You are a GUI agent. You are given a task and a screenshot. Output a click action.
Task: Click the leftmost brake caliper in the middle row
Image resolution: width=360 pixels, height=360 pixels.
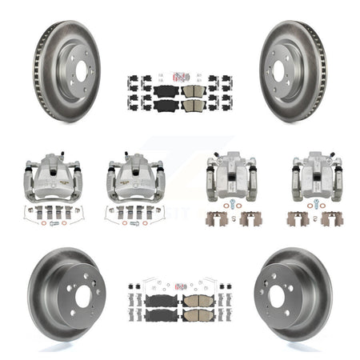click(x=47, y=171)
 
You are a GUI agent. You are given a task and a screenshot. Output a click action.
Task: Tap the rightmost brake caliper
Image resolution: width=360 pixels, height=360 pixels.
click(x=311, y=173)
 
